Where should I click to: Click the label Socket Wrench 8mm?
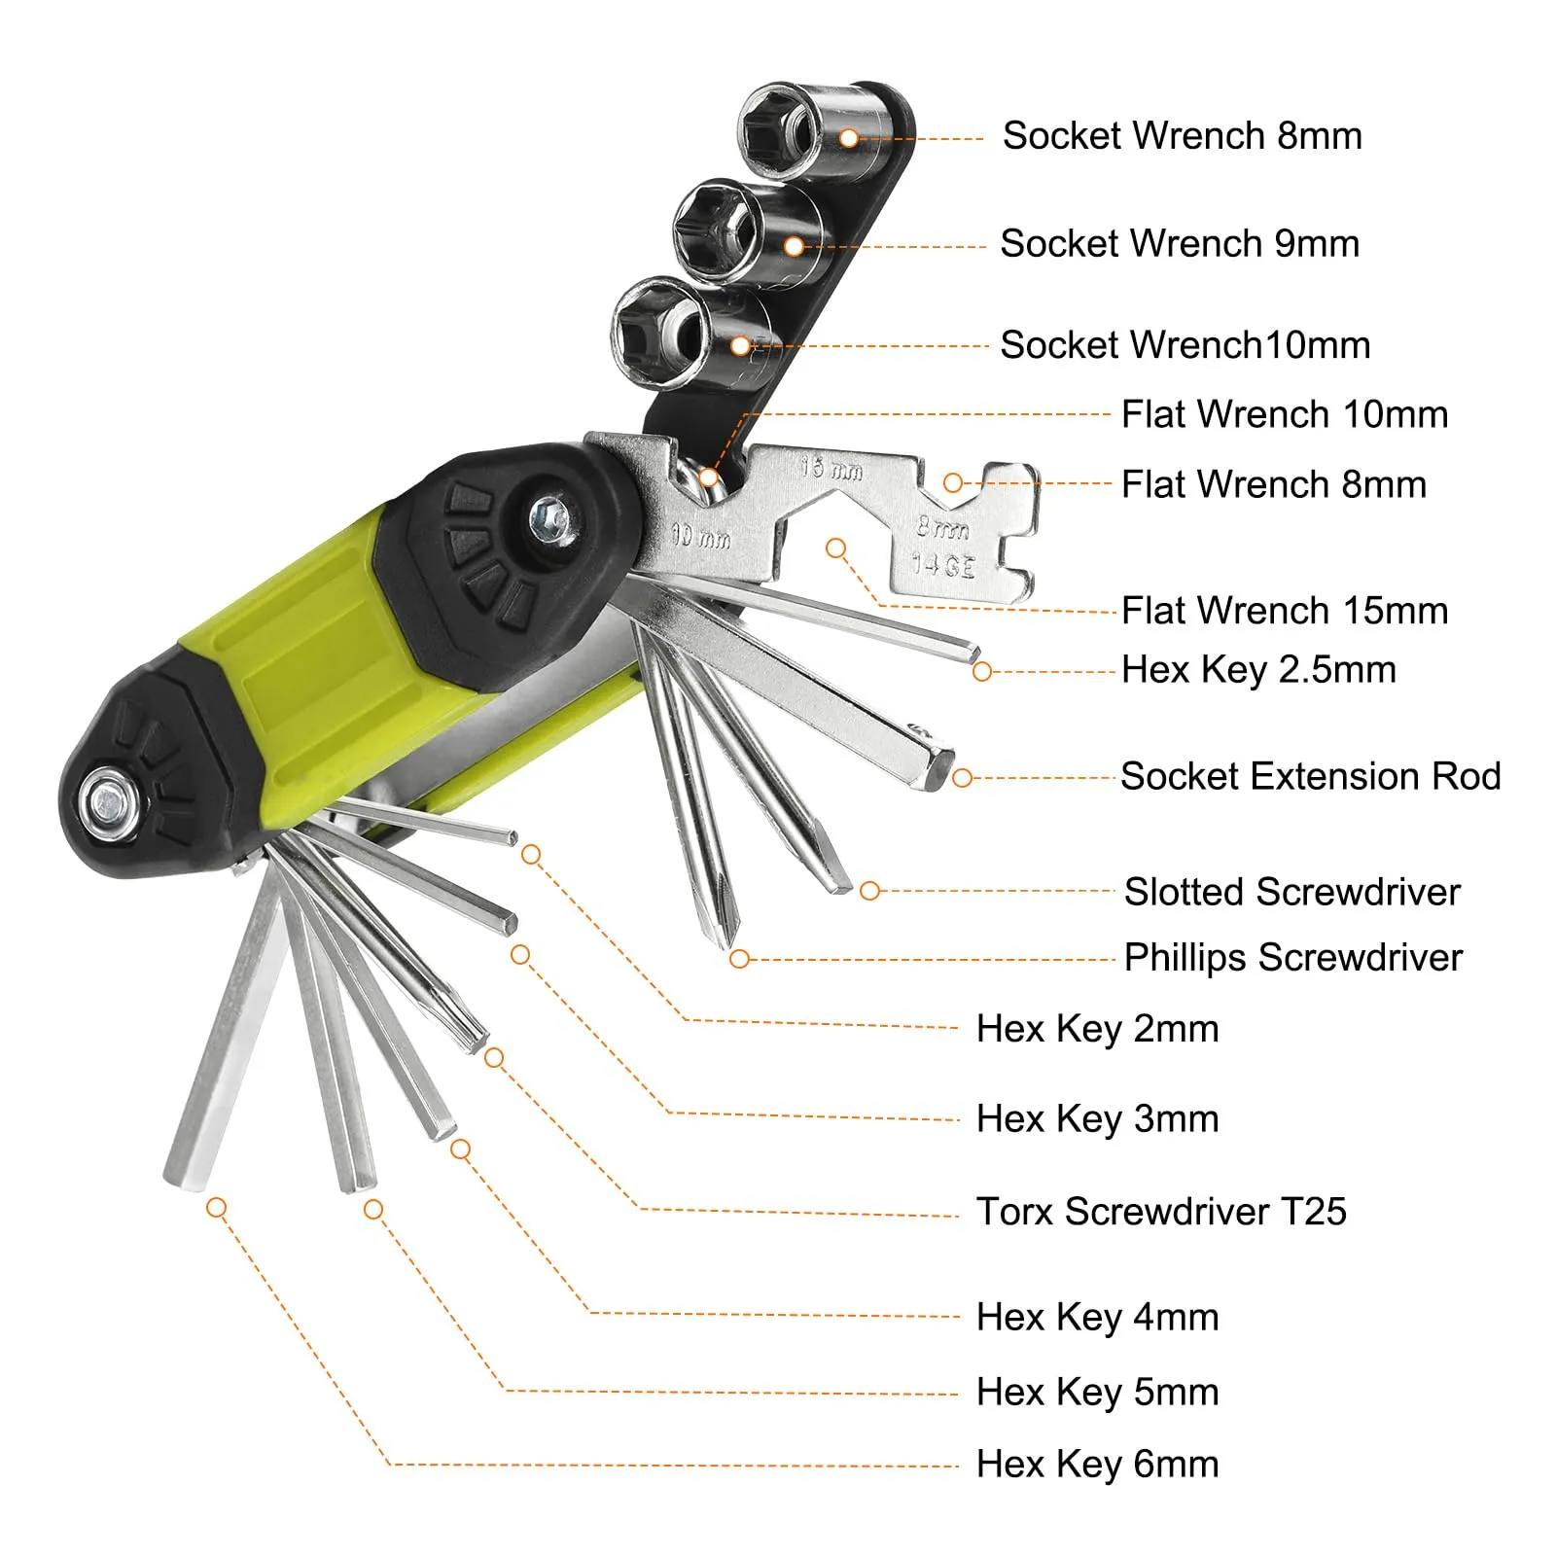[1182, 136]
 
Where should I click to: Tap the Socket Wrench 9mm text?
[1180, 243]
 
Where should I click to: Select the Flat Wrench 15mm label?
[1285, 611]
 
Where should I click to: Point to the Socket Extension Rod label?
[1311, 776]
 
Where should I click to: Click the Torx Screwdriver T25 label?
[1161, 1212]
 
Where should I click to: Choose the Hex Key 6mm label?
[1097, 1464]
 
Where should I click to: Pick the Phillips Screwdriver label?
[1293, 958]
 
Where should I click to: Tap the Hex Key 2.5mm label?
[1258, 670]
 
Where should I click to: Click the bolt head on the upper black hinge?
[551, 516]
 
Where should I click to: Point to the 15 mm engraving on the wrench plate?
[831, 469]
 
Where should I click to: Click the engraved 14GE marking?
[942, 564]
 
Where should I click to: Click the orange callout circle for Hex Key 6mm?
[217, 1208]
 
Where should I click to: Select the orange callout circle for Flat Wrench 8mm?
[954, 483]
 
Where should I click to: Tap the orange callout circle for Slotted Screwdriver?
[870, 891]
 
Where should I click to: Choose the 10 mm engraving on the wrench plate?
[701, 536]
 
